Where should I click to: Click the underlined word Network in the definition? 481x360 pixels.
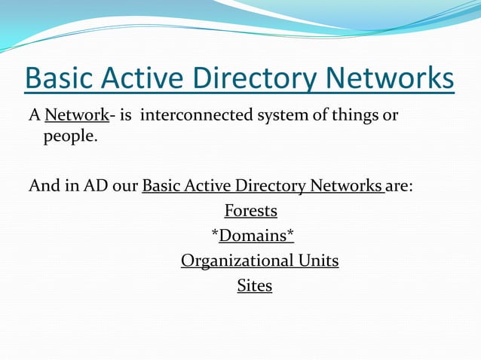pos(77,117)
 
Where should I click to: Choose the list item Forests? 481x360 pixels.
pos(251,210)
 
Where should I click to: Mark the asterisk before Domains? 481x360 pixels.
pos(215,234)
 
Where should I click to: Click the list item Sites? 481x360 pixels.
pos(254,285)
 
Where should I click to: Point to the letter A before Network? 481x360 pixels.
pos(34,117)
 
